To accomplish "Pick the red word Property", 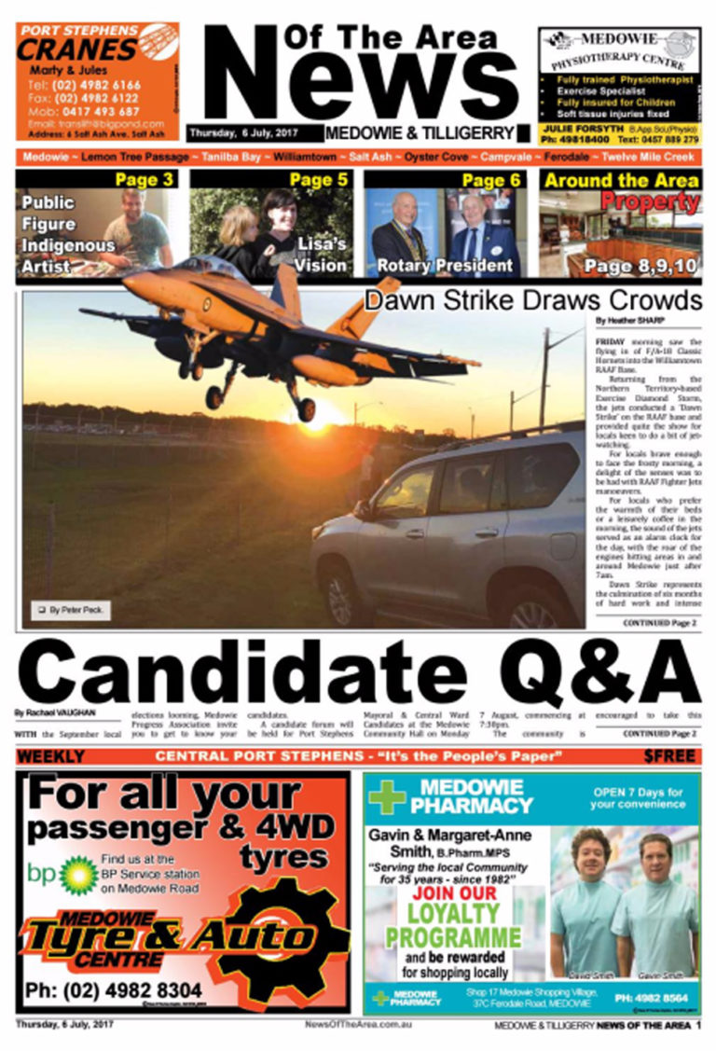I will pyautogui.click(x=649, y=201).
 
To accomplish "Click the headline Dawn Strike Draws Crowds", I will pyautogui.click(x=532, y=300).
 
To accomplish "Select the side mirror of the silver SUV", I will pyautogui.click(x=362, y=509).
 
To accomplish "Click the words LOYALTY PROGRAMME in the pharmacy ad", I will pyautogui.click(x=453, y=923).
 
